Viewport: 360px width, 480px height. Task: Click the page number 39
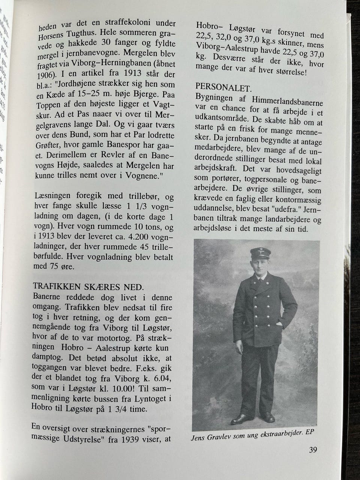click(x=313, y=450)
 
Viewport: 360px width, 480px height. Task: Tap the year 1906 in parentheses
click(x=48, y=74)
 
